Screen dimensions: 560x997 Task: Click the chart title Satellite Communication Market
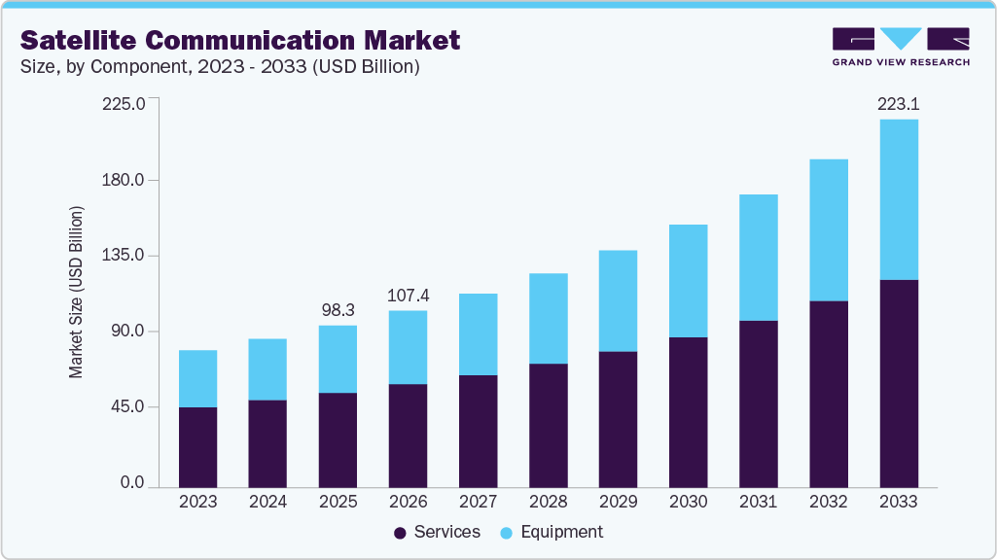coord(240,41)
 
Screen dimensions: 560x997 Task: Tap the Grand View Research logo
coord(901,46)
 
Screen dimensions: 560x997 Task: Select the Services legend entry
coord(437,532)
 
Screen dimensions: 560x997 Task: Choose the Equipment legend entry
coord(551,532)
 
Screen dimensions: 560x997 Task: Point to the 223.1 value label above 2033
coord(898,105)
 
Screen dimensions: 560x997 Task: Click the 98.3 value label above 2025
coord(338,309)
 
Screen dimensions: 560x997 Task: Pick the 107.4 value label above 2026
coord(408,295)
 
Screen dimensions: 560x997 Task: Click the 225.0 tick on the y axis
coord(124,103)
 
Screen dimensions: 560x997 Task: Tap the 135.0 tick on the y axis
coord(124,256)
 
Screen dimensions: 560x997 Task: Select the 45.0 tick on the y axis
coord(126,406)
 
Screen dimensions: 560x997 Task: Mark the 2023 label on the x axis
coord(198,503)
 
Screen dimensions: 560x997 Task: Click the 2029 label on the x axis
coord(618,503)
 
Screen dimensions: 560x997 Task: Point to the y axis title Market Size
coord(76,293)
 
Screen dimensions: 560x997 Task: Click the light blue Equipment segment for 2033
coord(898,199)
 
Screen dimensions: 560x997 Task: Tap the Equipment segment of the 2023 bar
coord(198,378)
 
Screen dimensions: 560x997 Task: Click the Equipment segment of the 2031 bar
coord(758,258)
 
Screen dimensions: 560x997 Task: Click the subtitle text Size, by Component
coord(220,67)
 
